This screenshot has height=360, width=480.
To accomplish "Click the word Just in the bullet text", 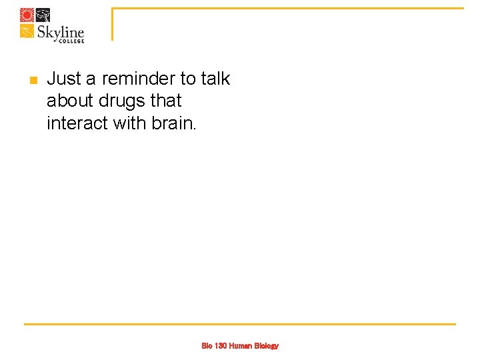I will coord(63,79).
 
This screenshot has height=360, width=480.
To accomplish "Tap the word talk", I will coord(215,79).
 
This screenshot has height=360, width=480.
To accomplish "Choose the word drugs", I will coord(123,101).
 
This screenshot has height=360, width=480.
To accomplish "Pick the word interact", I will coord(75,123).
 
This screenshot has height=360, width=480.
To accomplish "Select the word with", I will coord(129,123).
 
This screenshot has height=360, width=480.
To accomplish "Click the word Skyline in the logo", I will coord(61,32).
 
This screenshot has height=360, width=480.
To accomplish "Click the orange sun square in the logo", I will coord(27,15).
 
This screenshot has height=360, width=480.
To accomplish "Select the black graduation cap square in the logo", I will coord(42,15).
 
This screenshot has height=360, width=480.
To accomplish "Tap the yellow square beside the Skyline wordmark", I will coord(27,31).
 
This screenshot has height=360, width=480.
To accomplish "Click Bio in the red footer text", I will coord(207,346).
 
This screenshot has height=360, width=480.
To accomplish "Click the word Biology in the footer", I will coord(266,346).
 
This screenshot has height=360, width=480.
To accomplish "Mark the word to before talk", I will coord(188,79).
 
